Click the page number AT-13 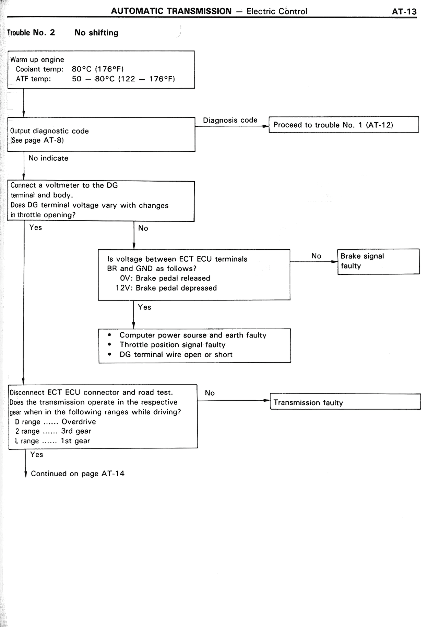click(404, 12)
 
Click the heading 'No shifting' click(96, 33)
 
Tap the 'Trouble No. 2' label click(31, 33)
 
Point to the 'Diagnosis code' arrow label click(230, 120)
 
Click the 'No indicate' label click(48, 158)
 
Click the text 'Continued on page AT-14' click(78, 474)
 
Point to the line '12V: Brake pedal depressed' click(166, 288)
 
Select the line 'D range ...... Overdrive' click(56, 422)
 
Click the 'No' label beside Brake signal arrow click(316, 256)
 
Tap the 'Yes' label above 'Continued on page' click(37, 455)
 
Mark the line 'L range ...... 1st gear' click(52, 441)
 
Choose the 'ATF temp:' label click(33, 79)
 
